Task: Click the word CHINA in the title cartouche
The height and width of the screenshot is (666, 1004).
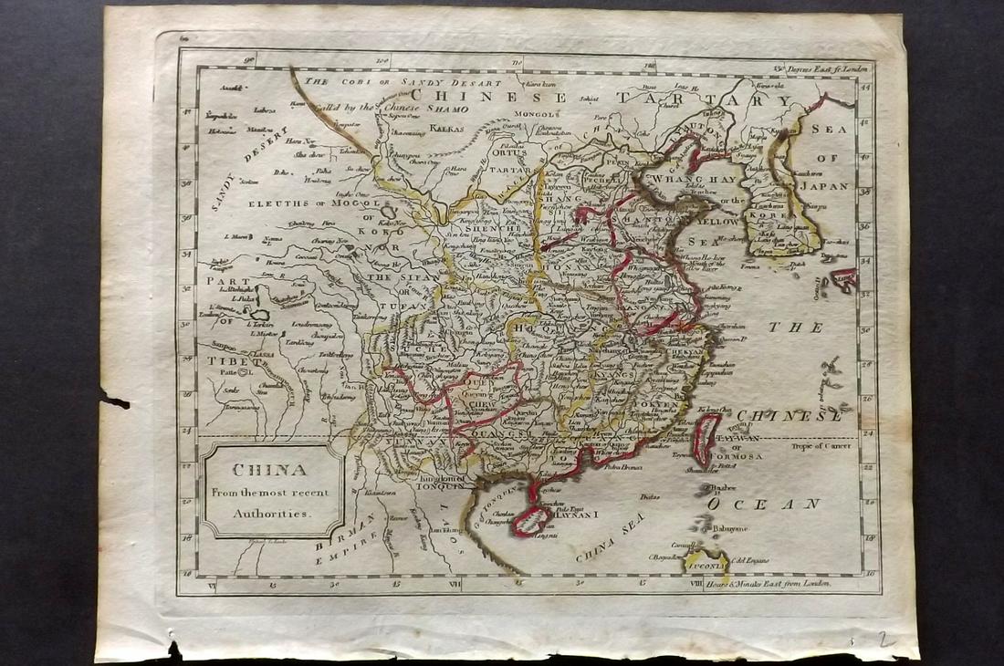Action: click(x=271, y=472)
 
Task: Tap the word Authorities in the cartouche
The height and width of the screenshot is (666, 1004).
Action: click(x=271, y=513)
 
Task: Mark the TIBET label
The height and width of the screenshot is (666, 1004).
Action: click(x=223, y=359)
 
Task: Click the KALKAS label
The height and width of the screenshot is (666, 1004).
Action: click(x=447, y=129)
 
